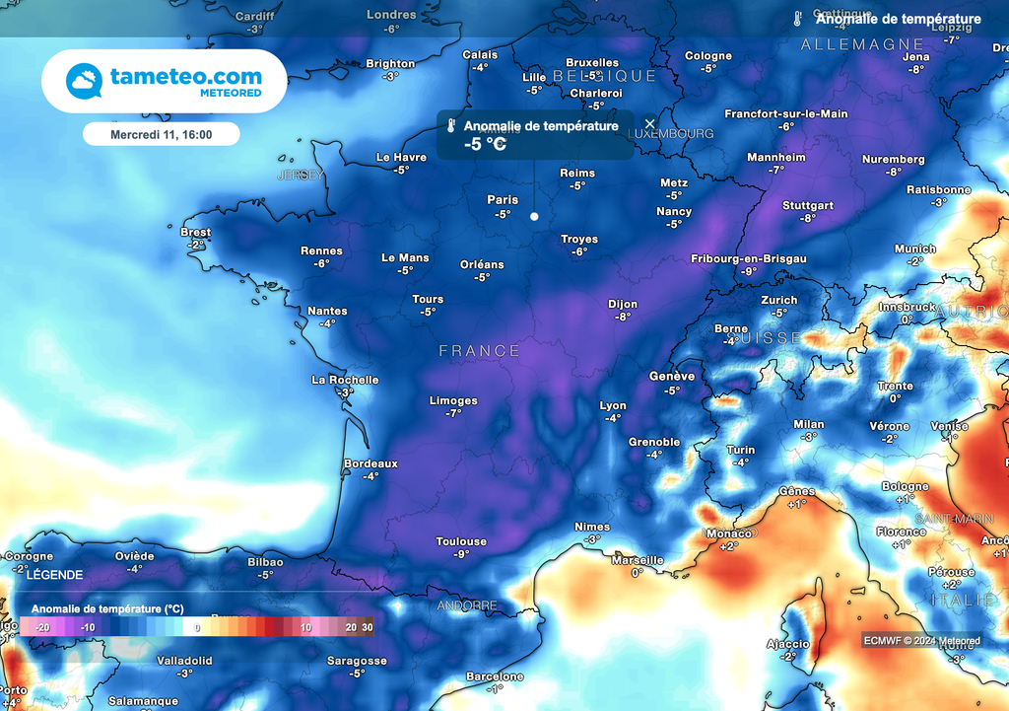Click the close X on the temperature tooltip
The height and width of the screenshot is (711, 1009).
[649, 124]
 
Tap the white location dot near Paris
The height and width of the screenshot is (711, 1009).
[534, 216]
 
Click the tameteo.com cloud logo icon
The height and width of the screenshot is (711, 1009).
[85, 81]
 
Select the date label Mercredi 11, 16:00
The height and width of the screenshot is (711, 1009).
[161, 133]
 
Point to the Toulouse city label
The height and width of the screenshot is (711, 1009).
[461, 541]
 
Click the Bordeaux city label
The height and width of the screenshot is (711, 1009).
[370, 463]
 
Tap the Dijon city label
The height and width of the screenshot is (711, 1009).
[622, 305]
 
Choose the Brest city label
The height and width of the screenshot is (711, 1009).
[196, 233]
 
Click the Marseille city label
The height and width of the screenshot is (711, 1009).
[638, 560]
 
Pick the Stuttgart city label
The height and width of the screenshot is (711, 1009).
[808, 206]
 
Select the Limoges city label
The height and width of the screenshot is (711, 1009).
[453, 400]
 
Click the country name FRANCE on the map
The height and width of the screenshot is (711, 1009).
[479, 351]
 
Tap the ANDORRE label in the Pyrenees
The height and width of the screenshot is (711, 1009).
[466, 604]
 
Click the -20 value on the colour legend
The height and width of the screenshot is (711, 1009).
[42, 627]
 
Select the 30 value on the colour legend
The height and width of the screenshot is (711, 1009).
[367, 627]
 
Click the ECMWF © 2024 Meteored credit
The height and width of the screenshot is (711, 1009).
[921, 641]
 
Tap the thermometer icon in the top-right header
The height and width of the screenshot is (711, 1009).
[798, 19]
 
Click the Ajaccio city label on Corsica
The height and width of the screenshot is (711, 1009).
[787, 645]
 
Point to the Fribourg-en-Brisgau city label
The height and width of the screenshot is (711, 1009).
[748, 258]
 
